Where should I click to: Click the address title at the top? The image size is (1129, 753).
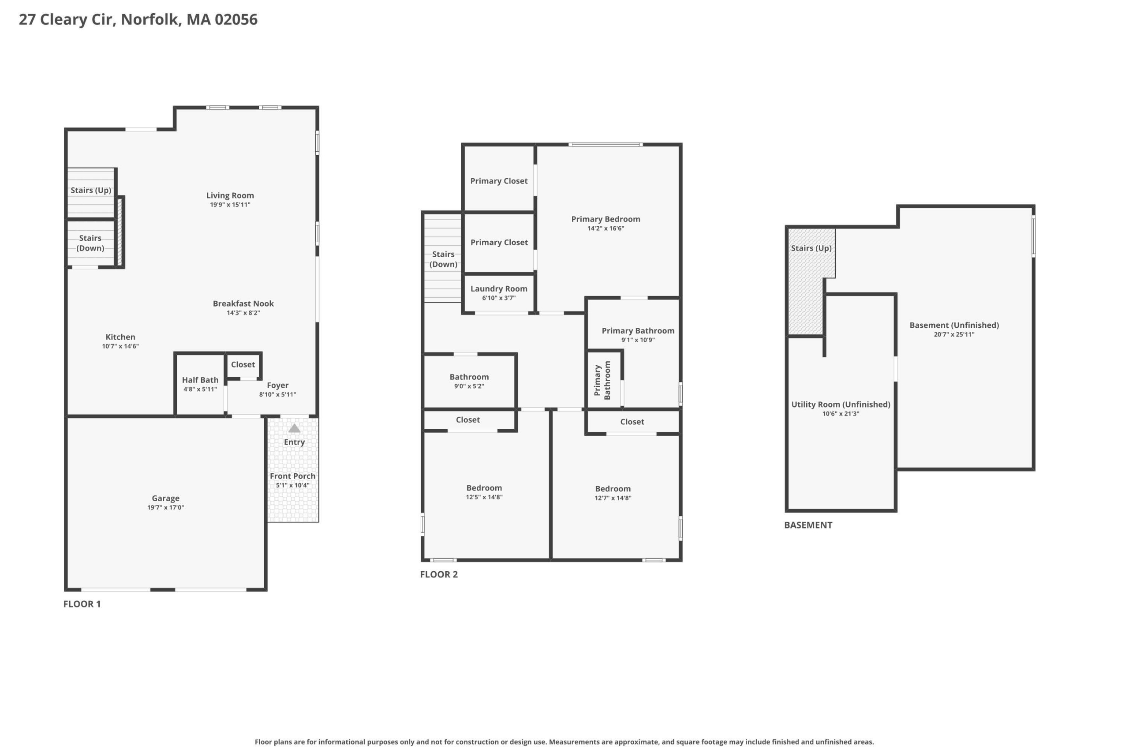point(138,20)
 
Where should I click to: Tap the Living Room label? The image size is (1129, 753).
point(230,195)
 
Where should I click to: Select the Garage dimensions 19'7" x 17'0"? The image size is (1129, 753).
point(166,508)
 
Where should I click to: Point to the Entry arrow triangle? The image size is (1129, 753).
point(294,428)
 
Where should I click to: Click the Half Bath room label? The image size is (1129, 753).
point(200,380)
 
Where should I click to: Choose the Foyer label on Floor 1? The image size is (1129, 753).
point(277,386)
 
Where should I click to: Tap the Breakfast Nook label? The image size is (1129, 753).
point(243,303)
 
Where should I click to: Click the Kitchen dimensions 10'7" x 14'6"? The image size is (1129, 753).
point(120,346)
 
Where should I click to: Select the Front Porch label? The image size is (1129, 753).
point(293,476)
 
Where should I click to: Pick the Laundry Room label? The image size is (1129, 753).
point(499,288)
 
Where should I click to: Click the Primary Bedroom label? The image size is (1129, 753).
point(606,219)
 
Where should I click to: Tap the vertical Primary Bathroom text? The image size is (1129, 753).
point(602,380)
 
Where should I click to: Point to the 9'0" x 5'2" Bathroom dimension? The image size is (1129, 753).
point(469,386)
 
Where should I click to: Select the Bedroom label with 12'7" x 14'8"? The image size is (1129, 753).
point(613,489)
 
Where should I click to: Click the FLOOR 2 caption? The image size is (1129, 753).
point(439,574)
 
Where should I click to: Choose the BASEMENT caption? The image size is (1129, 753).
point(808,525)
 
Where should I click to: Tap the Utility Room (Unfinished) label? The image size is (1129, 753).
point(841,405)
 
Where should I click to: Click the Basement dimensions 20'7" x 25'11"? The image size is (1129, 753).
point(954,335)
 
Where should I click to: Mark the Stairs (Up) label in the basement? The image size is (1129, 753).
point(811,248)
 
